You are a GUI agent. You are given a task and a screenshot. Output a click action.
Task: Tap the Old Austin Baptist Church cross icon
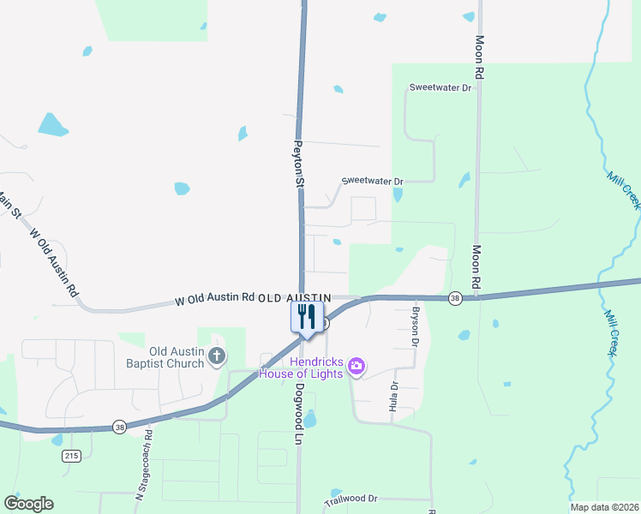coord(218,356)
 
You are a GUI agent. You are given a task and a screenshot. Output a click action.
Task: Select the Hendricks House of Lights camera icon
coord(356,368)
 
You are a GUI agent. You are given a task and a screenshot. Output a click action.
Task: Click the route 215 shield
coord(71,456)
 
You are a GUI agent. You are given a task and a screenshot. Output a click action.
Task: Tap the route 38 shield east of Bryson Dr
coord(455,298)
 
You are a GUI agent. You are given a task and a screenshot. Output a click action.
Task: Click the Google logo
coord(28,504)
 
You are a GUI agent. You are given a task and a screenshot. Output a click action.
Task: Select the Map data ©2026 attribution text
coord(603,507)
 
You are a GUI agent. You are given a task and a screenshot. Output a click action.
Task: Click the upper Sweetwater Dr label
coord(440,87)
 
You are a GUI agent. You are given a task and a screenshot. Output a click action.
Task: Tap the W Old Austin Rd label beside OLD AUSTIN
coord(215,299)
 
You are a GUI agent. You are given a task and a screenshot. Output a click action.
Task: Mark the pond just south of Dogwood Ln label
coord(310,420)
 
